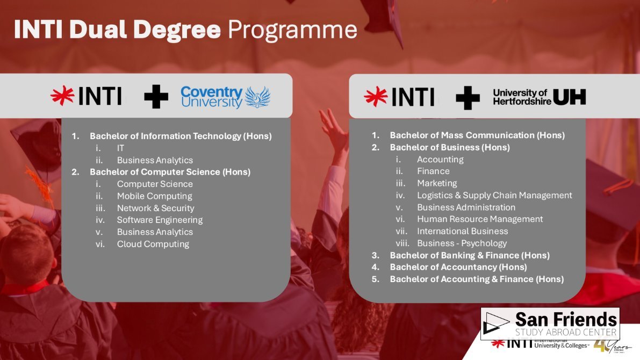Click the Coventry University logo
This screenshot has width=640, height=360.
pos(225,97)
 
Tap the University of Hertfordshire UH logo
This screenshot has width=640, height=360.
pos(539,97)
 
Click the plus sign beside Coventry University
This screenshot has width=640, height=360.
pos(156,97)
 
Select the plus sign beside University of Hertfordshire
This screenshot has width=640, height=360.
pos(468,98)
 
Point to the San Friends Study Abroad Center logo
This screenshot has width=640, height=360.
pos(550,324)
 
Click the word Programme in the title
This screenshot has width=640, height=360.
pos(292,30)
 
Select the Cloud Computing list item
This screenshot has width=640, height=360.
pos(153,244)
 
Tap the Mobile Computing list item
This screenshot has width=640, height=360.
pos(154,196)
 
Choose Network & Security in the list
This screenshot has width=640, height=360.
pos(155,208)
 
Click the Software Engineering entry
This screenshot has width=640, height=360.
pos(160,220)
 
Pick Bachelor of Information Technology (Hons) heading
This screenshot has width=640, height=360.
pos(181,136)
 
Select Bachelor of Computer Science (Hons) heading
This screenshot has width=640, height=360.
pos(170,172)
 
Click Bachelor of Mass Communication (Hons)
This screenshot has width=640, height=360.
pos(477,135)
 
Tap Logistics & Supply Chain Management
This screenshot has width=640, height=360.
pos(494,196)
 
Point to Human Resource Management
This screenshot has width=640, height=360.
pos(480,219)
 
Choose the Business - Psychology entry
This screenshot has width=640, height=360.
pos(462,243)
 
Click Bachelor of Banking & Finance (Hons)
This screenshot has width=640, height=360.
pos(470,256)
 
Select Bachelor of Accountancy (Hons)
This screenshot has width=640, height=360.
pos(458,267)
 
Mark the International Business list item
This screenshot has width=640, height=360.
pos(463,231)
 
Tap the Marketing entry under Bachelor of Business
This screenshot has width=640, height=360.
pos(437,183)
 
